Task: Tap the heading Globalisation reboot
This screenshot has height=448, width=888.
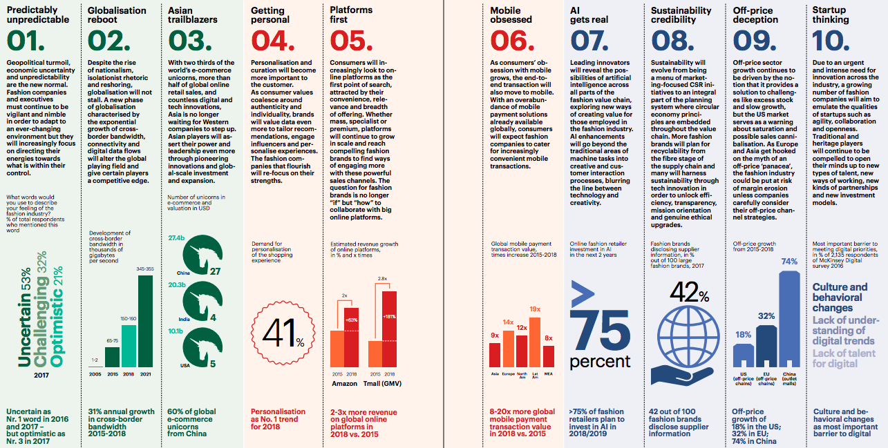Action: coord(117,14)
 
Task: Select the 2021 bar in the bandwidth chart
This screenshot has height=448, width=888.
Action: coord(146,321)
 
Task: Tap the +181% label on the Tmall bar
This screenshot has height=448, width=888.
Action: coord(389,317)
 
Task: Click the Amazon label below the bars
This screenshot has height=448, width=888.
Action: coord(344,382)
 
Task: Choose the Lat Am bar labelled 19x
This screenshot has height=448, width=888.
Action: coord(535,342)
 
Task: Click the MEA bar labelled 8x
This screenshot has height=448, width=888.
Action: coord(549,356)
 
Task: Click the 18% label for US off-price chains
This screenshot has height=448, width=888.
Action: coord(743,335)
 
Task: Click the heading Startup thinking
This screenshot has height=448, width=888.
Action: coord(830,14)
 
